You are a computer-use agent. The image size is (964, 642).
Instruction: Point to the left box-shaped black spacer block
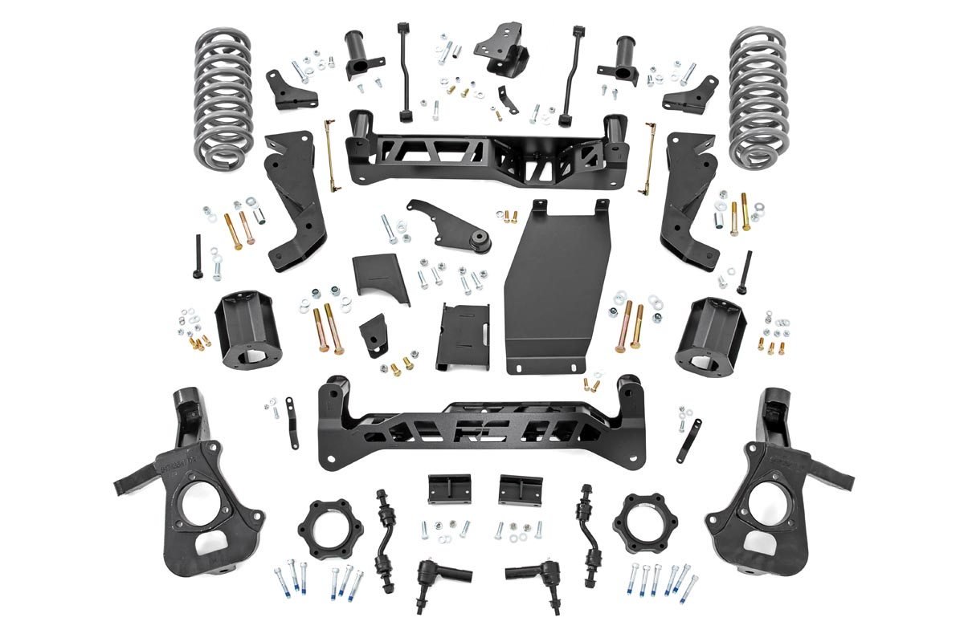(x=244, y=329)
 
